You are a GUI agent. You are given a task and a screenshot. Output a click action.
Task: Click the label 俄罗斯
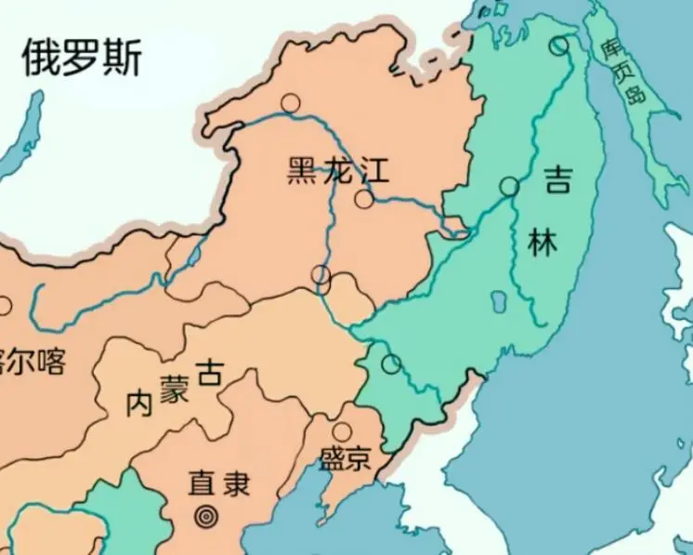83,59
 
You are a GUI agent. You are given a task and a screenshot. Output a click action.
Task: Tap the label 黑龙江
337,171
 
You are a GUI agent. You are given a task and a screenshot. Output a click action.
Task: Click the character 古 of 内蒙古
211,374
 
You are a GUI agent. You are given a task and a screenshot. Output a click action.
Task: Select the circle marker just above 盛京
342,432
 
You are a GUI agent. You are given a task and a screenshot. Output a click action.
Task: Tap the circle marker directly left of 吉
509,187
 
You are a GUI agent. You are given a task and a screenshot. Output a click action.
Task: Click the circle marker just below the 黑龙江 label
364,199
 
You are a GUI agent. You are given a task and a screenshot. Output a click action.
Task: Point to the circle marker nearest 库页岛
558,45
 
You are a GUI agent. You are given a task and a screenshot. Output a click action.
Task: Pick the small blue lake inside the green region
498,303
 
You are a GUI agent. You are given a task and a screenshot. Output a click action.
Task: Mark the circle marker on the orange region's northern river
292,103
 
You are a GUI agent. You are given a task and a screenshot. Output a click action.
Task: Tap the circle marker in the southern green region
392,364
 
